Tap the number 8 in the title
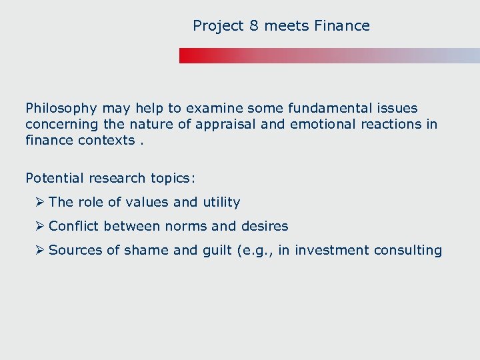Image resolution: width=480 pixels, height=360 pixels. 253,26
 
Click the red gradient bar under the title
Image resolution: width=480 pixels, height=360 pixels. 329,55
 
